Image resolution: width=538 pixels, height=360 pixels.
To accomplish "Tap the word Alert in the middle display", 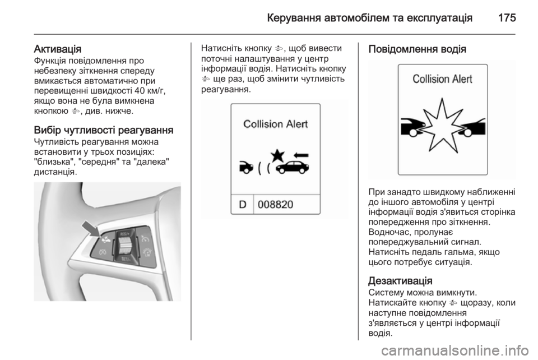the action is pyautogui.click(x=295, y=124).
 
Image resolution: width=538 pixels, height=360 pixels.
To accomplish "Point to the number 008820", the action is pyautogui.click(x=275, y=205).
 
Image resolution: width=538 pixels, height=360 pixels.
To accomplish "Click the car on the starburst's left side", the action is pyautogui.click(x=413, y=125).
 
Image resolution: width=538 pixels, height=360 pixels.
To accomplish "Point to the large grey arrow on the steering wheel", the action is pyautogui.click(x=89, y=229).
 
